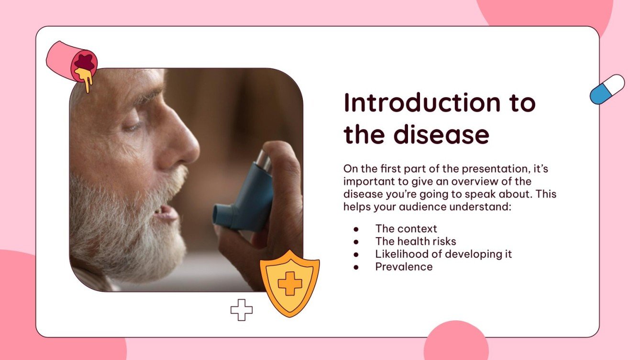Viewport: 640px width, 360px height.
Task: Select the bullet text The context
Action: pos(406,229)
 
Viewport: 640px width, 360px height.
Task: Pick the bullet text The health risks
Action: pos(416,241)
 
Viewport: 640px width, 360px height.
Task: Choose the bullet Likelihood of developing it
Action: pos(443,254)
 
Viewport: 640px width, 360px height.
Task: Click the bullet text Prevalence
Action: pos(404,267)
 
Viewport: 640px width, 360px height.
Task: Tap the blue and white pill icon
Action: pos(607,89)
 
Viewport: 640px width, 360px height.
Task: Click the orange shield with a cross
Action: pos(289,283)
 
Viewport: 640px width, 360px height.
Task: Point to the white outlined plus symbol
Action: pos(242,310)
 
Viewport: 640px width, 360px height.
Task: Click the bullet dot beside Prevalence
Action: pos(356,267)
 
